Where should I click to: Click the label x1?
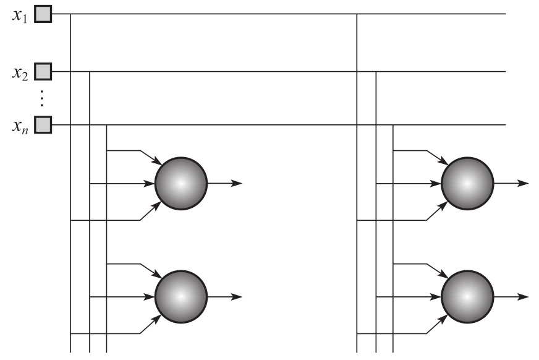[20, 14]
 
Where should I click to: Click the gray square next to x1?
[42, 14]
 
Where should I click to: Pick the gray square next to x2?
[42, 71]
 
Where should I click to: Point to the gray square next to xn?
[42, 126]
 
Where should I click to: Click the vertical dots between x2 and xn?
[42, 98]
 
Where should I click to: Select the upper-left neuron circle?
[181, 184]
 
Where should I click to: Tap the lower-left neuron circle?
[181, 297]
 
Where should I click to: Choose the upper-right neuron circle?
[467, 184]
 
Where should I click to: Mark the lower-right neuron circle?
[467, 297]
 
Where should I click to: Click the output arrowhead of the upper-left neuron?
[238, 184]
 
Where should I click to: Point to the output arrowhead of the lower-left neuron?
[238, 297]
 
